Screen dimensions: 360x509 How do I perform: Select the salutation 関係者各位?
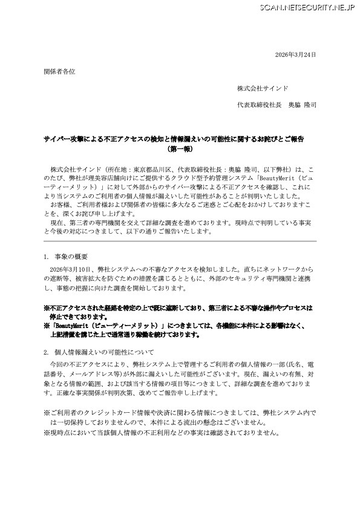[60, 71]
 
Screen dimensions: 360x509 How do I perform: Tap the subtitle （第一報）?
[180, 148]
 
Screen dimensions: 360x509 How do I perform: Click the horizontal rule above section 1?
[180, 241]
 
